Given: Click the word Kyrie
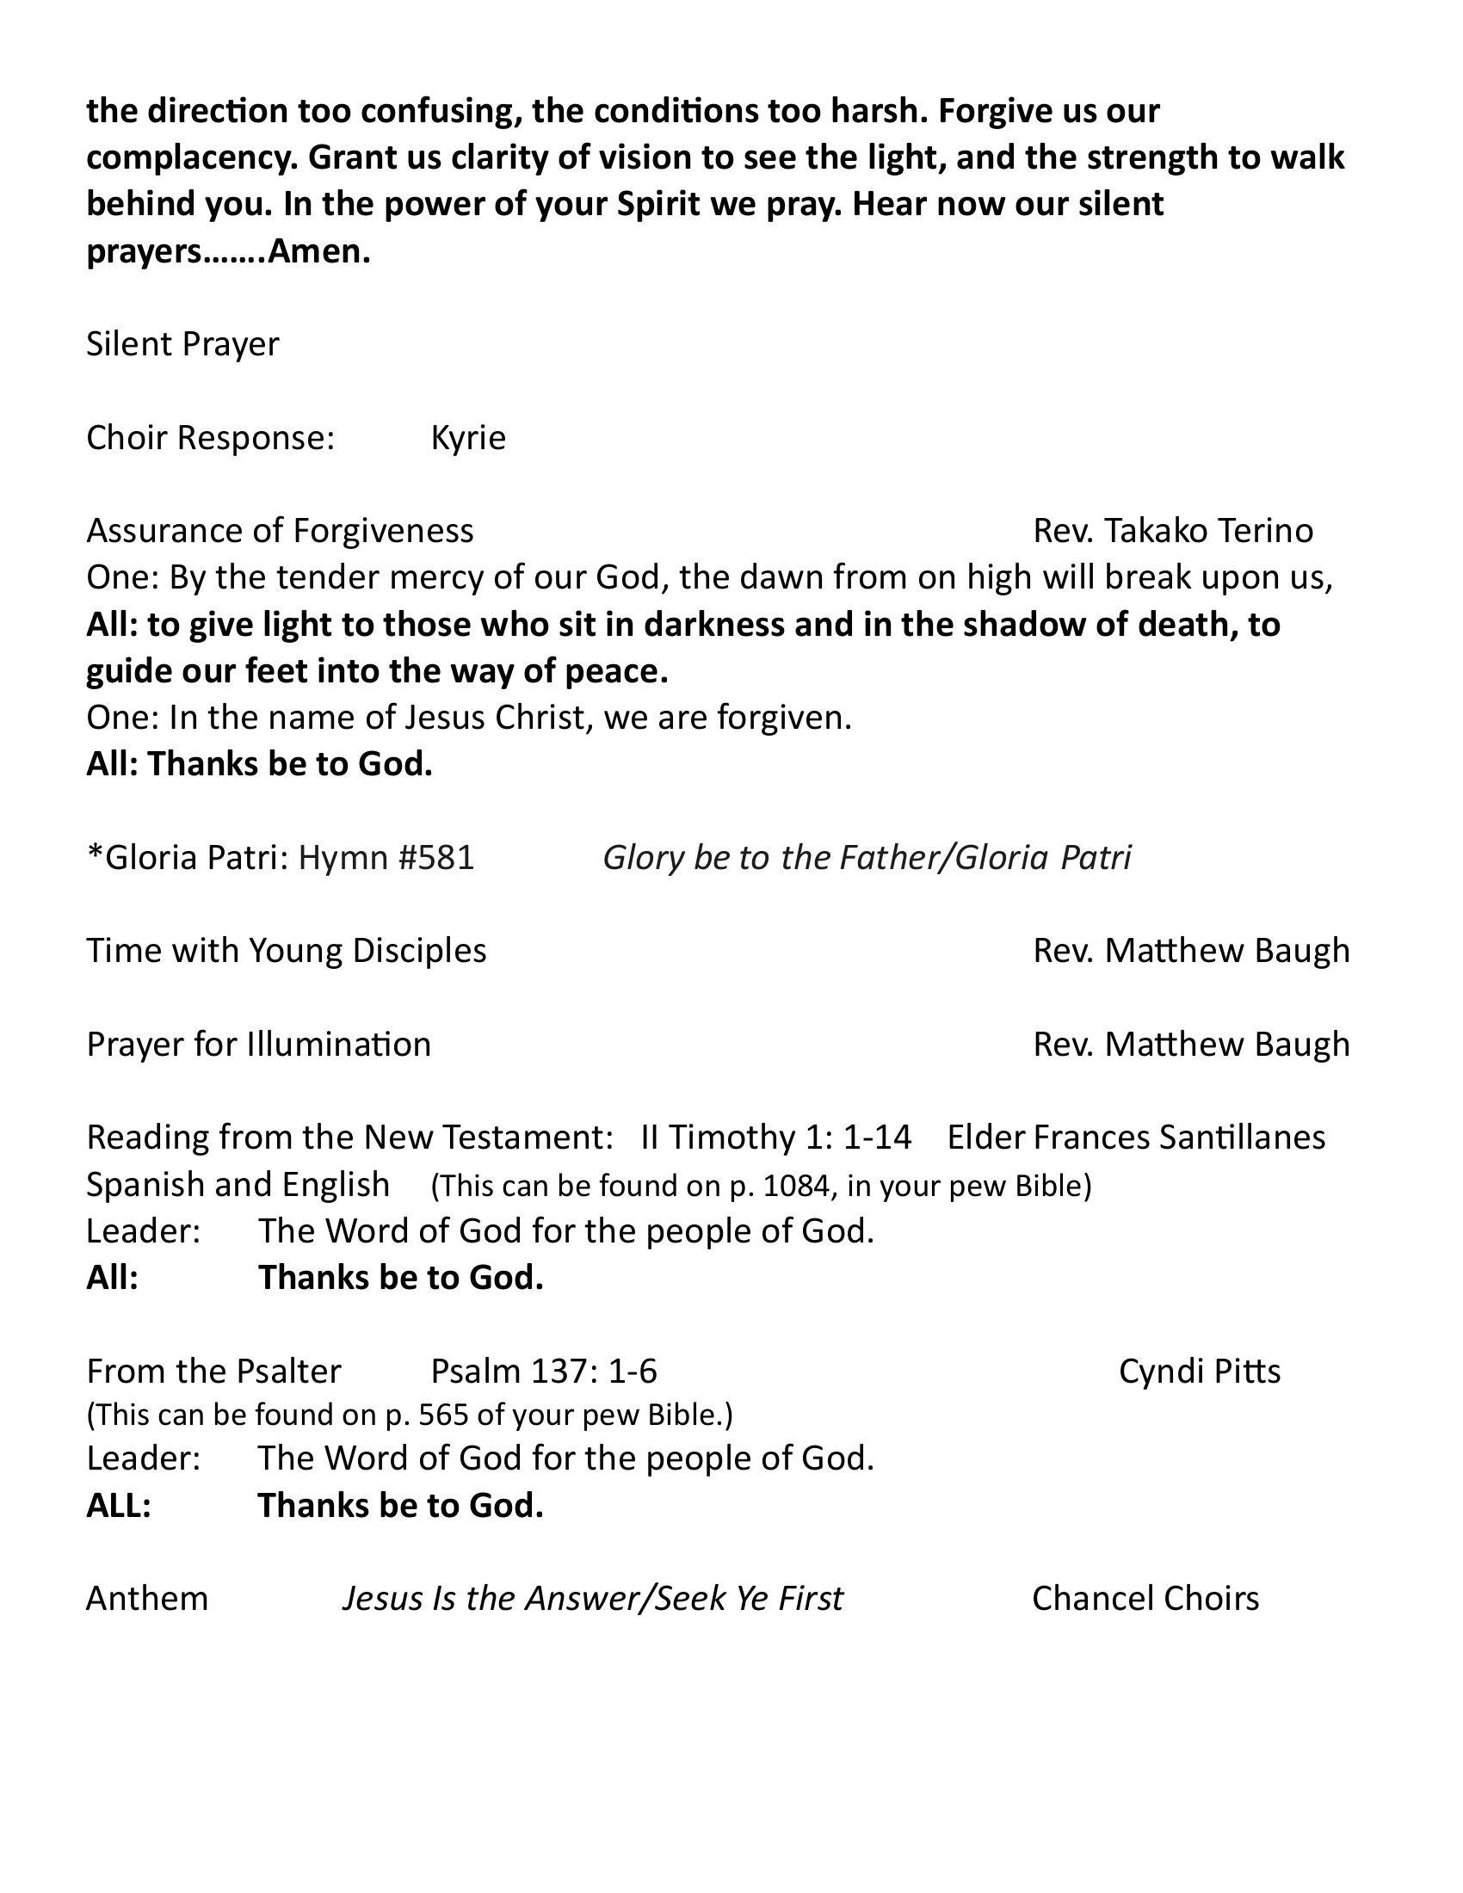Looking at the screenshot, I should (x=468, y=438).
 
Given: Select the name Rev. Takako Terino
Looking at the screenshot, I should (x=1173, y=530).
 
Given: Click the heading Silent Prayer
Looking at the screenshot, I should (x=182, y=344).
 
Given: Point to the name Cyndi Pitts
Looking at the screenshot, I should (x=1199, y=1372).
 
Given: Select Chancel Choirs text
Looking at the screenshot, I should (x=1145, y=1599).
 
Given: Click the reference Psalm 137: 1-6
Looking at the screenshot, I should (x=543, y=1372).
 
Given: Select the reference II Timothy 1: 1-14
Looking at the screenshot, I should (x=775, y=1137).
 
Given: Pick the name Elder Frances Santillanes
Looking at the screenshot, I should (x=1135, y=1137).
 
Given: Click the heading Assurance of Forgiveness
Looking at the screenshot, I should (x=279, y=530).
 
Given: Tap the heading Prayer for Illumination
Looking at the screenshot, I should (x=258, y=1045).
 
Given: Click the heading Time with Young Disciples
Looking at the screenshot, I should (x=286, y=951).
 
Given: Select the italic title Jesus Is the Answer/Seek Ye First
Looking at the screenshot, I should (x=592, y=1599).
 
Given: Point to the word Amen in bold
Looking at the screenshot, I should (x=318, y=251).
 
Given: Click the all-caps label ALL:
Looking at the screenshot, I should (x=119, y=1506).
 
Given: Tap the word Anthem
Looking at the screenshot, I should (x=147, y=1599).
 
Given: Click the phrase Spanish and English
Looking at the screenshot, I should (x=238, y=1184).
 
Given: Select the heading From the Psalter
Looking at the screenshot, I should (x=213, y=1372).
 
